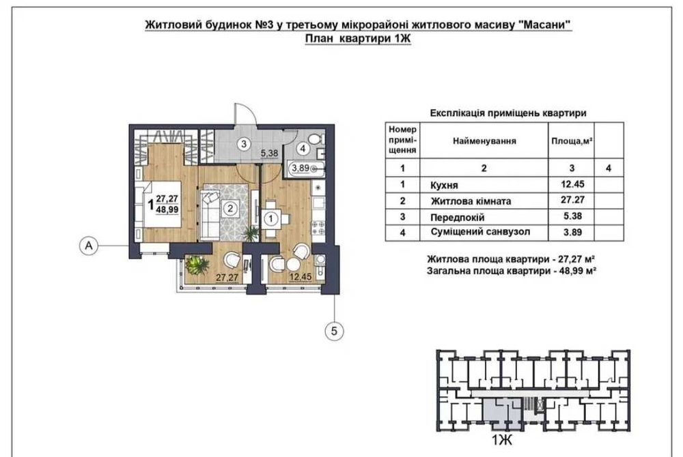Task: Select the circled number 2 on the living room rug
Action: pos(232,208)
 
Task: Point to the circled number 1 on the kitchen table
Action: pos(271,219)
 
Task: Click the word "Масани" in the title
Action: pos(545,25)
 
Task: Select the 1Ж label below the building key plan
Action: pos(503,441)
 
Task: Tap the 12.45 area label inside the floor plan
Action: pos(300,278)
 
